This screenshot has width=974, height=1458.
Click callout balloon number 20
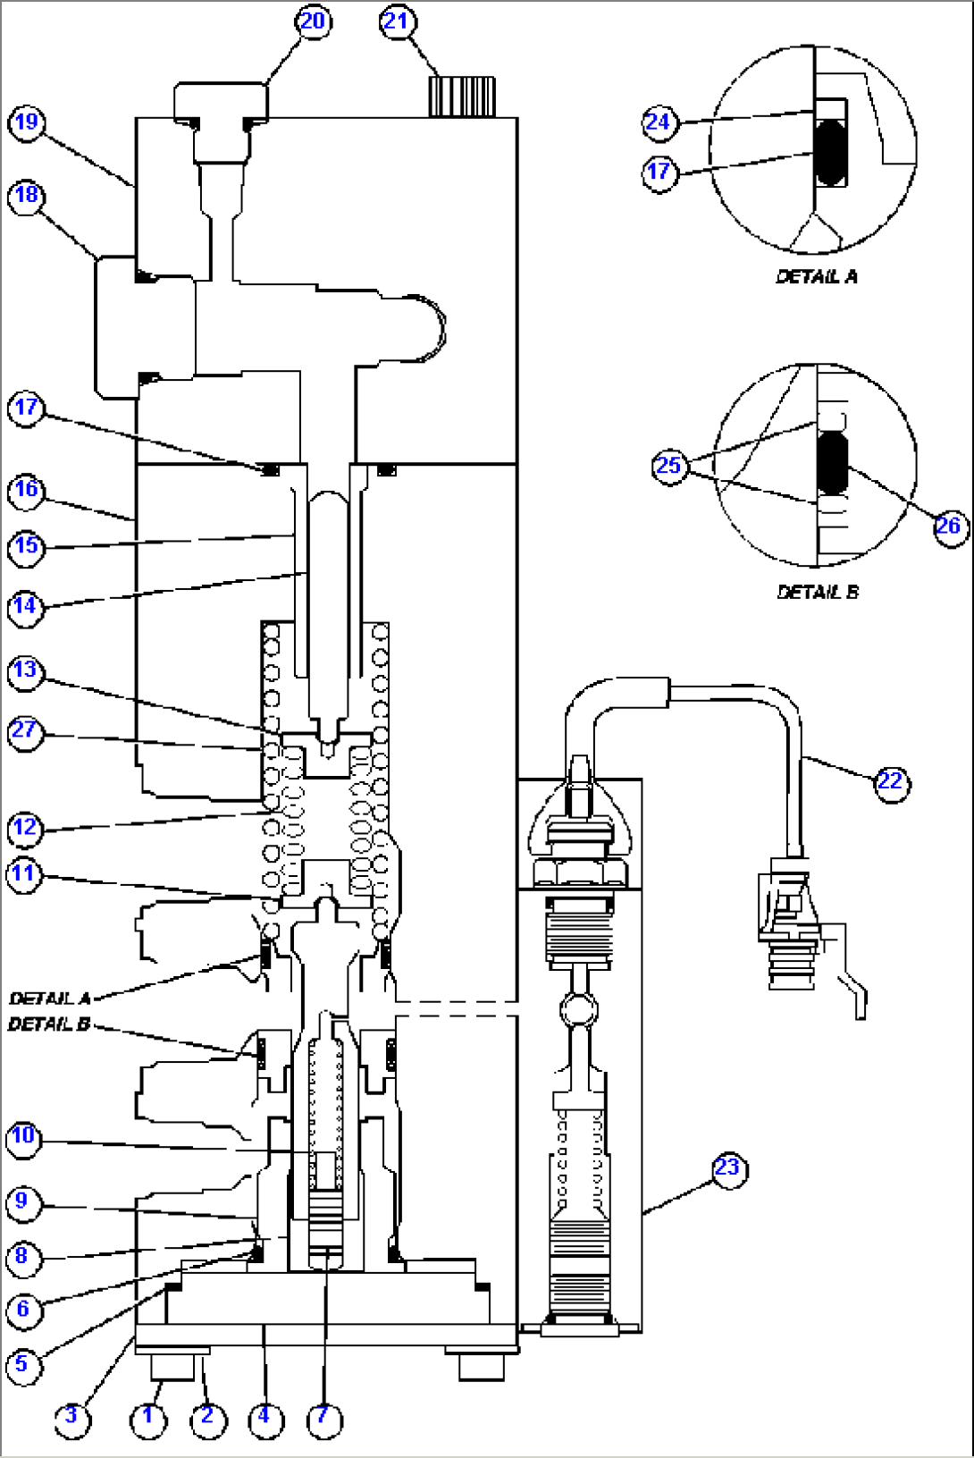pos(312,21)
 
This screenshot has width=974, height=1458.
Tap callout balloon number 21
pos(397,21)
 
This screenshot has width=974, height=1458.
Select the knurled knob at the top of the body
pos(462,97)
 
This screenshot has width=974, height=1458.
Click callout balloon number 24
pos(659,122)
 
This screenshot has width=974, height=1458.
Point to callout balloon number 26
pos(949,526)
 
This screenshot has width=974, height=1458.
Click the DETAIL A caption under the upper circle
pos(817,277)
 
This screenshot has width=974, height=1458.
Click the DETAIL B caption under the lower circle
pos(818,592)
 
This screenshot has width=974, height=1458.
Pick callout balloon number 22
pos(890,782)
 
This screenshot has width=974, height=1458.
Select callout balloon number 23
pos(728,1168)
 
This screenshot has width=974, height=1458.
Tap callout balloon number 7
pos(323,1417)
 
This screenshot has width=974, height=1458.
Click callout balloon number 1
pos(148,1417)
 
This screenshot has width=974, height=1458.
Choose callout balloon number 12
pos(25,827)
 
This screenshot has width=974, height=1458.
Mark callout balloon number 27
pos(25,731)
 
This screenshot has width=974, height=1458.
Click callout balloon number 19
pos(27,122)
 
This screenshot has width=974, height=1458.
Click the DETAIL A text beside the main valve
pos(50,998)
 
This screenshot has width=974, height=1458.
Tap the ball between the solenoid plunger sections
pos(579,1010)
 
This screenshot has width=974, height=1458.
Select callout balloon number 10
pos(23,1137)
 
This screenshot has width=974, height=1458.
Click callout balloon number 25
pos(668,466)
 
